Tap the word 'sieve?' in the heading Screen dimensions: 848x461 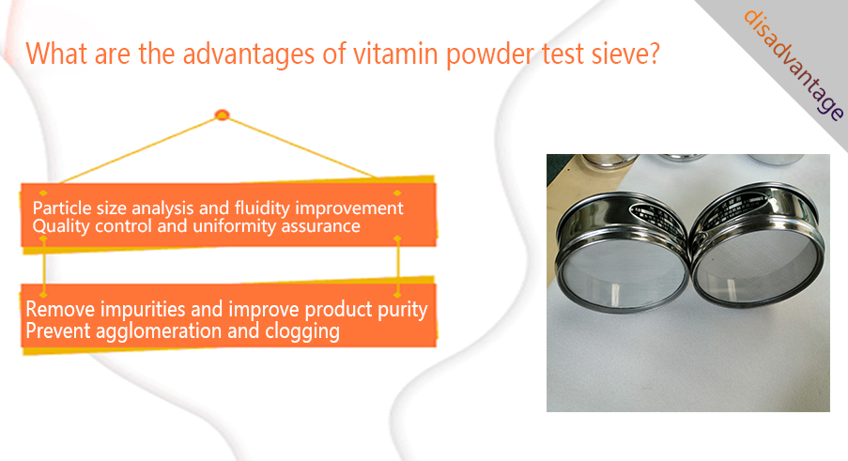point(625,54)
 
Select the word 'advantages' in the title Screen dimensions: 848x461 point(249,55)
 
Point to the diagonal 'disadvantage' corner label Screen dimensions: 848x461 point(794,65)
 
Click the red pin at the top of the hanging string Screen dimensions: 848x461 point(222,115)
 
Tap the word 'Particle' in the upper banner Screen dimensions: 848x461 point(62,208)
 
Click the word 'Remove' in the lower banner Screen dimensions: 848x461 point(60,309)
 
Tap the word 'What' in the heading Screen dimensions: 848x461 point(56,54)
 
